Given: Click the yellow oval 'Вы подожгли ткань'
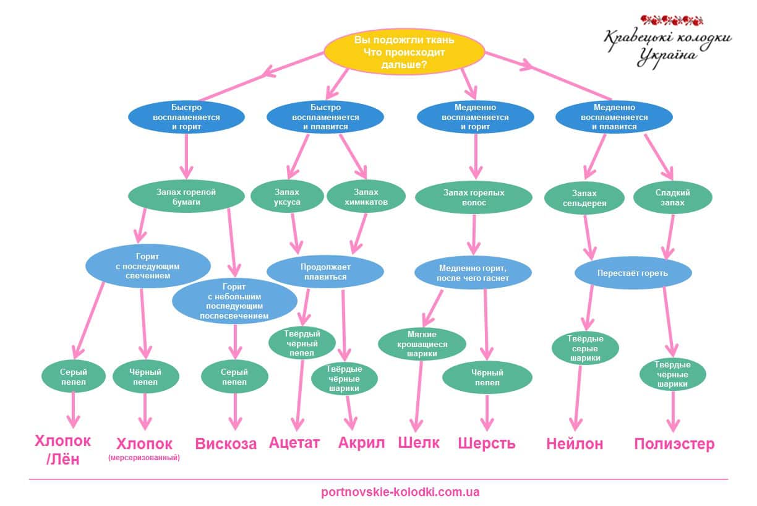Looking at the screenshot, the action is [404, 52].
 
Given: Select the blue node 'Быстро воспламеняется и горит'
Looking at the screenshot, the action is [186, 117].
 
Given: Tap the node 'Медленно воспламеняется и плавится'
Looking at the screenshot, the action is [614, 117].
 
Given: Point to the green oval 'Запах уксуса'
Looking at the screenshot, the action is [287, 197].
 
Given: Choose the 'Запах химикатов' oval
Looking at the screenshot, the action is [366, 197].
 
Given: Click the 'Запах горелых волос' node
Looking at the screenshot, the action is [474, 197].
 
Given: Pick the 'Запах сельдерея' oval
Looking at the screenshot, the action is [584, 198].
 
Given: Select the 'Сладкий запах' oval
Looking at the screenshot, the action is [672, 197].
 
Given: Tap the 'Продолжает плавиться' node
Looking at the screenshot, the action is [325, 272].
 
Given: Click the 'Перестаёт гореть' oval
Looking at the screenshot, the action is [633, 273].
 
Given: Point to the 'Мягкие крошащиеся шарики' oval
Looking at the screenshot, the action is [422, 344].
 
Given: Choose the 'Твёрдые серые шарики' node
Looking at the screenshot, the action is [585, 348].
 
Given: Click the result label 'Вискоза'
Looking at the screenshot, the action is [226, 444].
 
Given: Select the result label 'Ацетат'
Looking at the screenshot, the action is [294, 443].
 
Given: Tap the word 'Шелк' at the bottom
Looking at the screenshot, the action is [419, 443].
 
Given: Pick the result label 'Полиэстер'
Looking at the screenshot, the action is [674, 444].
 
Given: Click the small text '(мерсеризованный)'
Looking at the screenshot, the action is [144, 458].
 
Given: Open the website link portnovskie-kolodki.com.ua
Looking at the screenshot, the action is [400, 492].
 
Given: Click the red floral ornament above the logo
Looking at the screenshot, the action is [672, 20].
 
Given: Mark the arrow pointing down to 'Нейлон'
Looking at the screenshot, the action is [577, 398].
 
